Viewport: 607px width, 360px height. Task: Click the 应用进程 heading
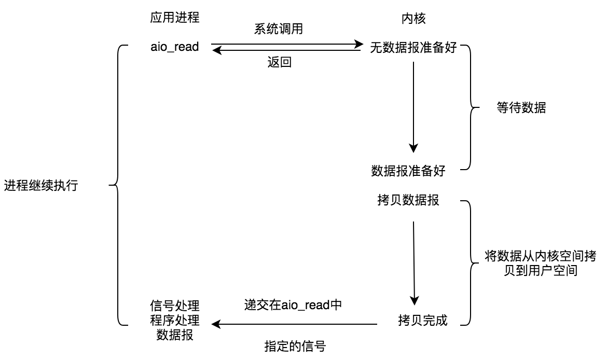[175, 18]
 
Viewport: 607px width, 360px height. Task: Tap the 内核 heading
[413, 18]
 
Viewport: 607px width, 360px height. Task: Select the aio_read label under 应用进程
[174, 47]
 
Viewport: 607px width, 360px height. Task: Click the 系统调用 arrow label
[279, 30]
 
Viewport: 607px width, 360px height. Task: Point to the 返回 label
[279, 62]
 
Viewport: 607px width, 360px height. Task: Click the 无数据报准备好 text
[413, 48]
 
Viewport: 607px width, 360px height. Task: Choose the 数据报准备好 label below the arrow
[408, 171]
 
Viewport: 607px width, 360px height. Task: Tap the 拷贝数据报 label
[409, 201]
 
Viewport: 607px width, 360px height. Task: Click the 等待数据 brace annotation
[521, 108]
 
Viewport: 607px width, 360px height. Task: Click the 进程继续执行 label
[41, 186]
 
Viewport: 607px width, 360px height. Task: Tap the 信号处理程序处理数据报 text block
[175, 320]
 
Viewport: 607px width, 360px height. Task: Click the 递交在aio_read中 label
[293, 304]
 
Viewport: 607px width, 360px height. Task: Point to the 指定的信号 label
[295, 346]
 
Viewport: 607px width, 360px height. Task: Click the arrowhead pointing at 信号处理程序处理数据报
[216, 324]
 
